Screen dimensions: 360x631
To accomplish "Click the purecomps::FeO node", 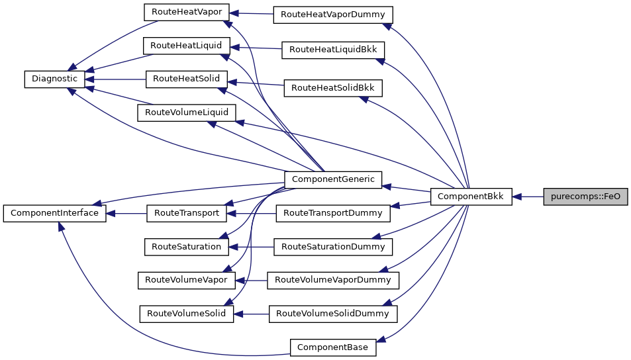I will coord(585,197).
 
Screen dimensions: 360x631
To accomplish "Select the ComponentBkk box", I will coord(471,197).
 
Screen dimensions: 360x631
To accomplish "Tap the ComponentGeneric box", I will coord(333,179).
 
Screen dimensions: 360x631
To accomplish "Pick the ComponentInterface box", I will coord(54,214).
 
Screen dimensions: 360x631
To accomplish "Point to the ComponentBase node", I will coord(333,347).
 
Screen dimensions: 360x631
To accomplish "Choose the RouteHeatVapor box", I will coord(187,12).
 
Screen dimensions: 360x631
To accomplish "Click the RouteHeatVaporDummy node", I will coord(334,14).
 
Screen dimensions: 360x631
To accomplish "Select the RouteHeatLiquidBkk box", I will coord(333,50).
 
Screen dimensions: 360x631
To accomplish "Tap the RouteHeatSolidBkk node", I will coord(333,87).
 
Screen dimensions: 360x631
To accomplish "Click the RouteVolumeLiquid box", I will coord(186,112).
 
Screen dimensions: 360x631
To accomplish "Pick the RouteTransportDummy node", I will coord(333,213).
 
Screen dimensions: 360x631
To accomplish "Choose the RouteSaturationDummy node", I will coord(333,246).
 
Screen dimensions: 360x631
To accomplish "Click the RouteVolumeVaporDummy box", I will coord(333,280).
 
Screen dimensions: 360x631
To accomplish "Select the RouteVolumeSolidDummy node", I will coord(333,313).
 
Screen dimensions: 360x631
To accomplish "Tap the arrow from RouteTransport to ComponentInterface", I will coord(126,214).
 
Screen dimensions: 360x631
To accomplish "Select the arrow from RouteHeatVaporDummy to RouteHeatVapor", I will coord(252,13).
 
